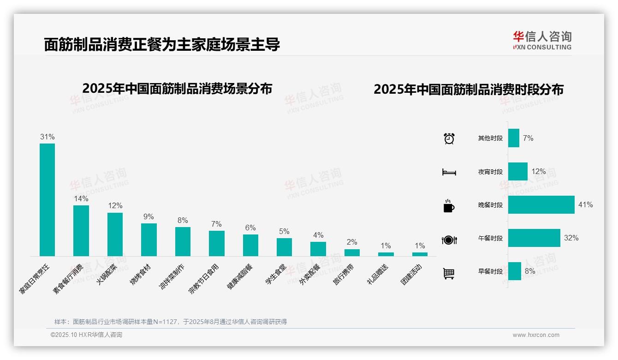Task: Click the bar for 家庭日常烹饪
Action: click(x=47, y=199)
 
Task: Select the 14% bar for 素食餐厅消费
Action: click(x=81, y=230)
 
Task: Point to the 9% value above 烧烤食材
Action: click(x=149, y=216)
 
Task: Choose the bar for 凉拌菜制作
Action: click(x=183, y=241)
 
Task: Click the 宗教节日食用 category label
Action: click(x=203, y=280)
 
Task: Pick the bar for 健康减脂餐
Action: click(x=250, y=245)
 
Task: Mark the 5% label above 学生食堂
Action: click(x=284, y=231)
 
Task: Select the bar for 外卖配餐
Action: click(x=318, y=249)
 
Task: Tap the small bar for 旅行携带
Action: click(x=352, y=252)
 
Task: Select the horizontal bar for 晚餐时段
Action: click(x=541, y=204)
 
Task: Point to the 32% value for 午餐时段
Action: click(x=571, y=238)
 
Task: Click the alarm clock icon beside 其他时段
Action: click(x=449, y=138)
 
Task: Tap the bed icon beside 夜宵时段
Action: click(x=449, y=172)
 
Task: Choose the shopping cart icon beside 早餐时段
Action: click(x=449, y=273)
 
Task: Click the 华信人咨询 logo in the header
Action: click(x=542, y=40)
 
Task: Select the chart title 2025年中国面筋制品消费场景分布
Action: click(x=177, y=89)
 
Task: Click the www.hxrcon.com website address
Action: click(x=536, y=335)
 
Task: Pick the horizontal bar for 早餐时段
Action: click(x=515, y=271)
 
